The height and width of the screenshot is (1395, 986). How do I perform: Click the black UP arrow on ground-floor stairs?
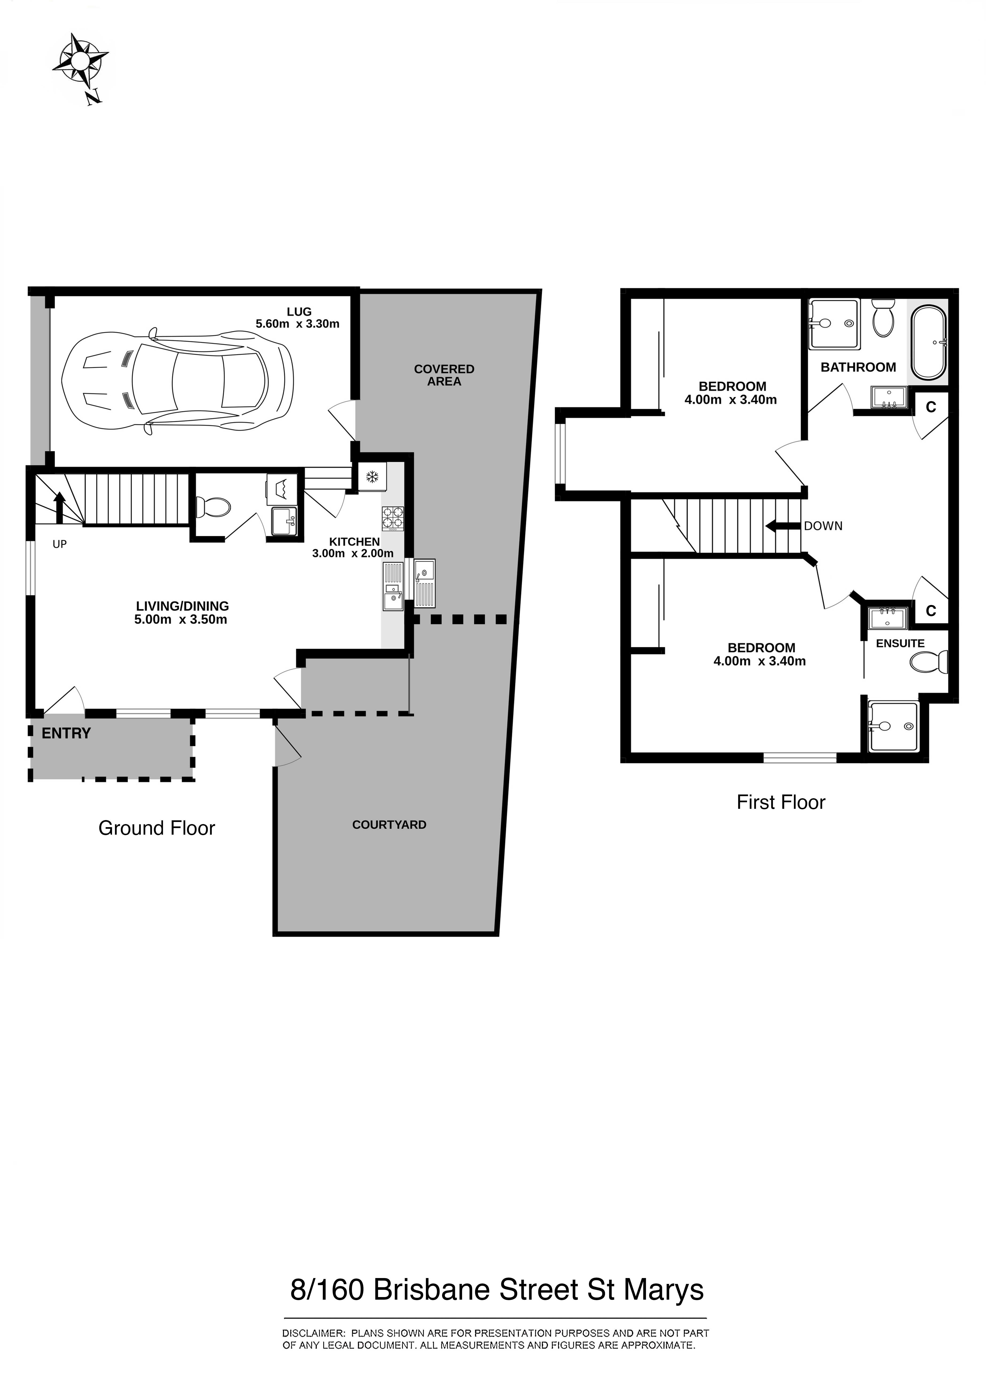[60, 507]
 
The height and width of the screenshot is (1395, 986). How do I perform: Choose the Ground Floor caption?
[157, 828]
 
